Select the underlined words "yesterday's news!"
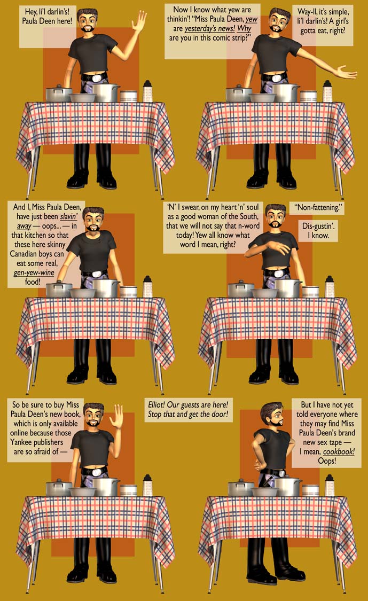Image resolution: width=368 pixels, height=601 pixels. (x=210, y=29)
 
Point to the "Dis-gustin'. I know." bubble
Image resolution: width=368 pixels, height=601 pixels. (x=318, y=230)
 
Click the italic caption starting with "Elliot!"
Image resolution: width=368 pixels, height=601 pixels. (x=188, y=409)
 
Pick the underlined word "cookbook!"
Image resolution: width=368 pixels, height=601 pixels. (x=339, y=451)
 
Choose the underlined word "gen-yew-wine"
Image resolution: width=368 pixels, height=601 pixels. (x=34, y=272)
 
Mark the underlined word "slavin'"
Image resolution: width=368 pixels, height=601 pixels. (x=68, y=216)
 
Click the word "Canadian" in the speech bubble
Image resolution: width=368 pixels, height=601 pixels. (x=25, y=254)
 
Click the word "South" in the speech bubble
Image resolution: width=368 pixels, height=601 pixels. (x=248, y=216)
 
